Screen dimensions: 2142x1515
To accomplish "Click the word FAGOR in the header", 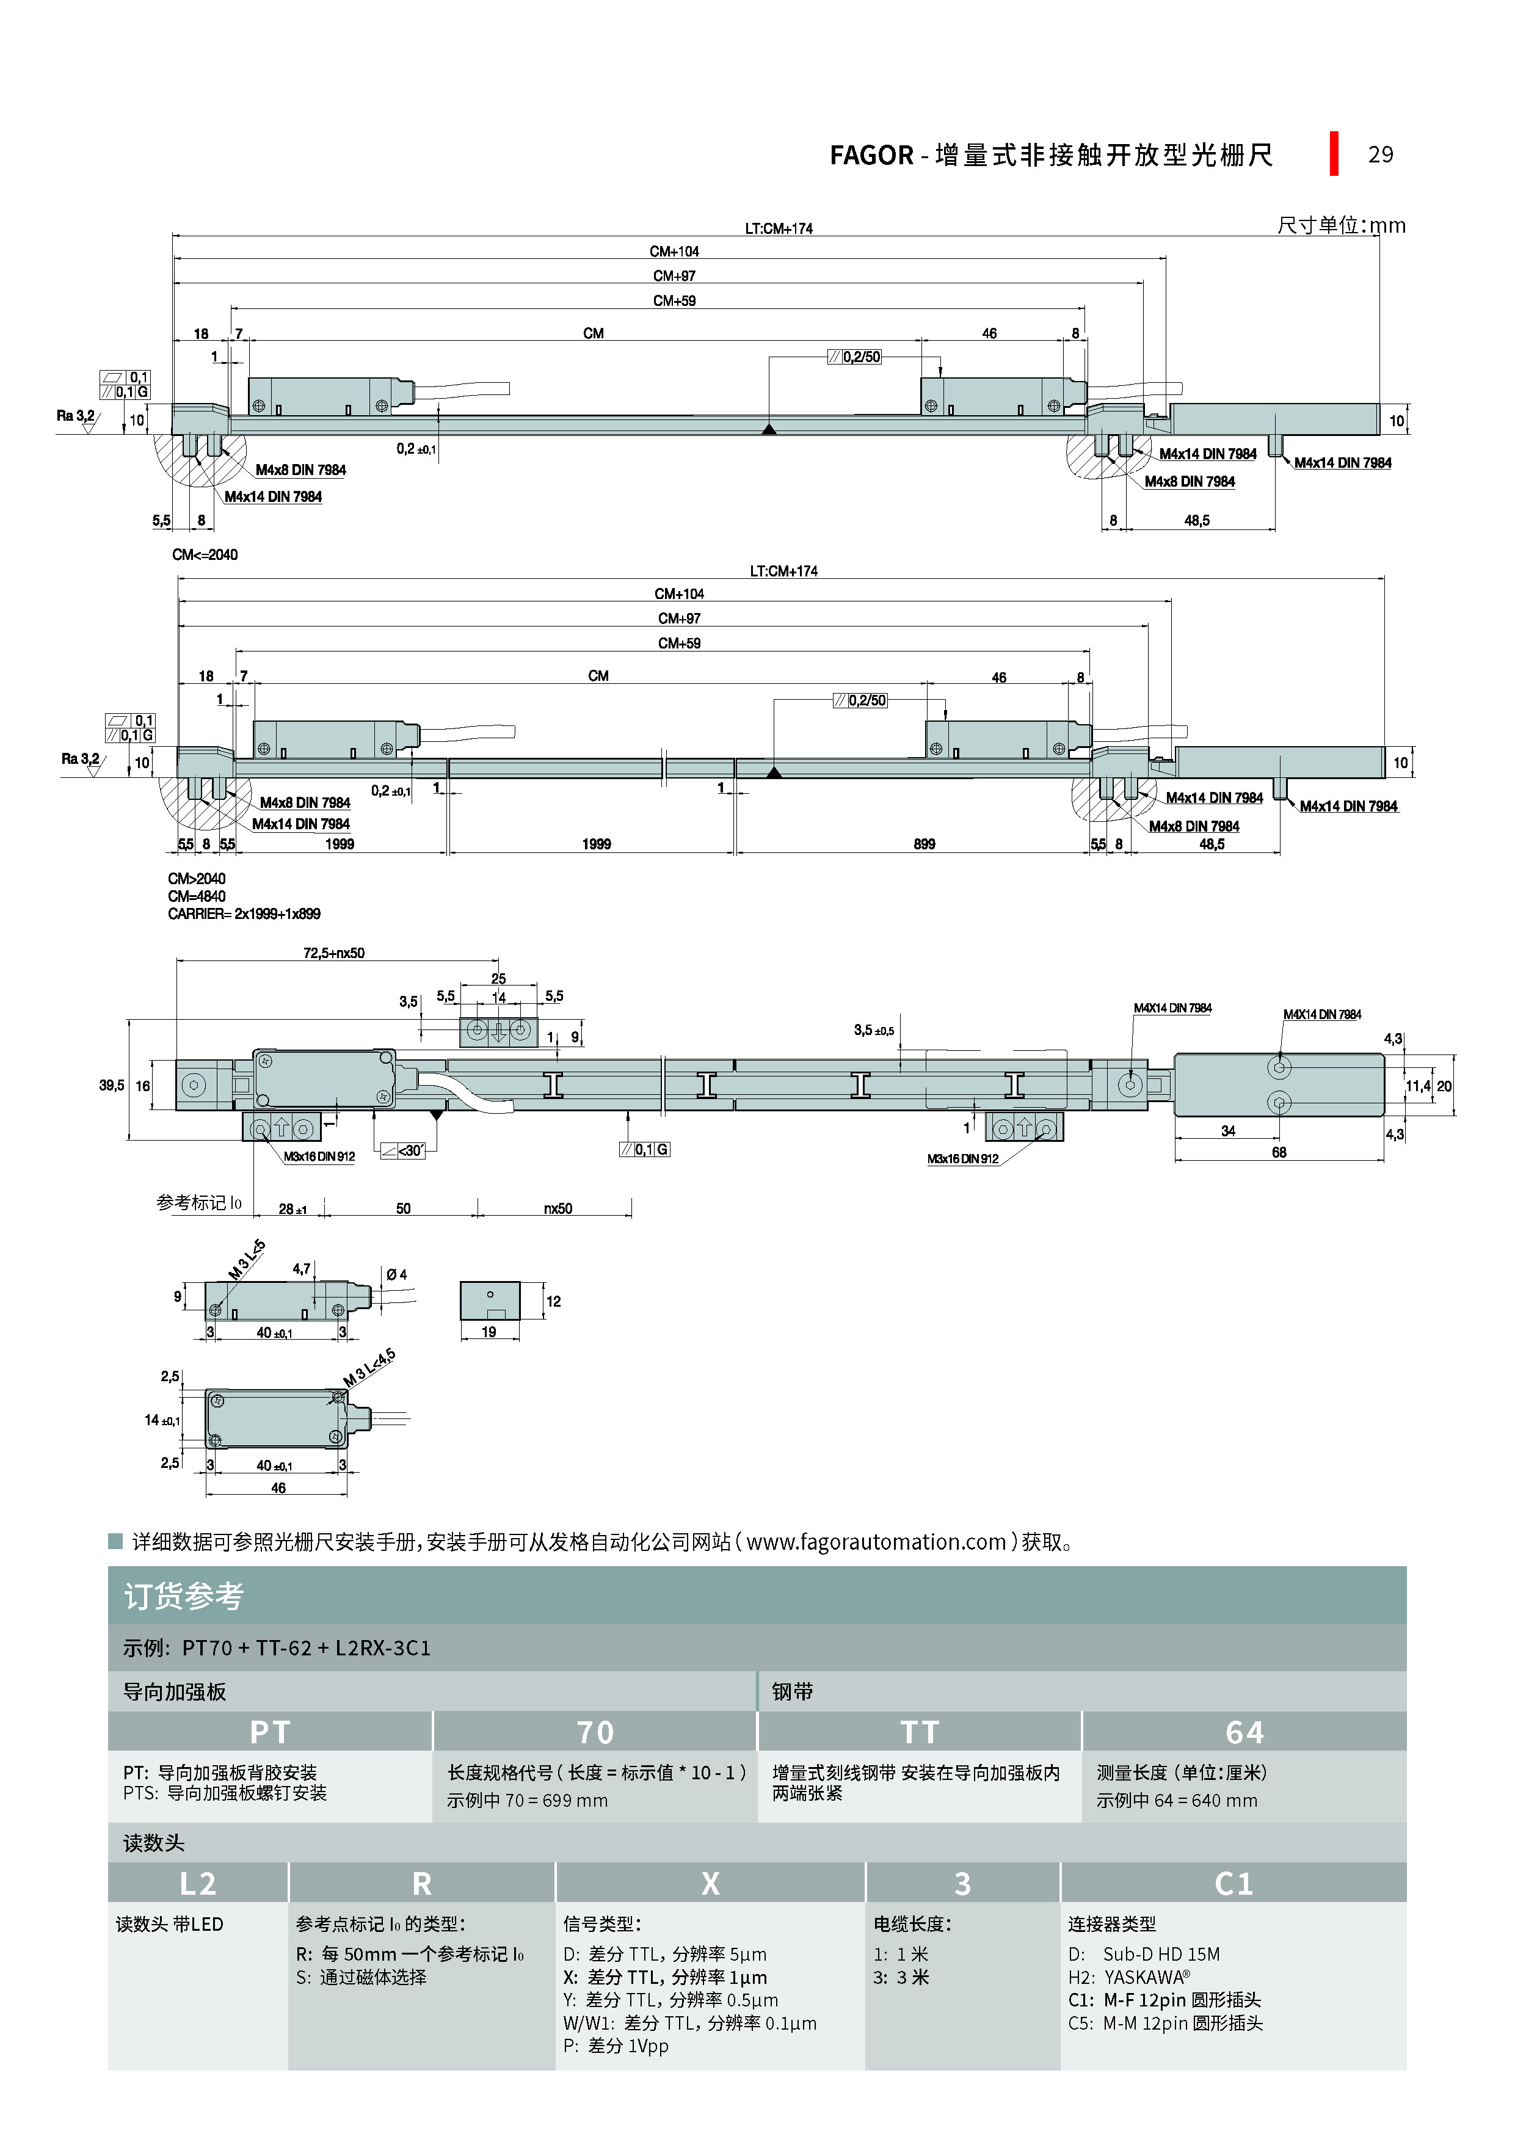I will [871, 155].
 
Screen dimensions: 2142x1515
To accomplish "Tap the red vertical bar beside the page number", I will [1334, 153].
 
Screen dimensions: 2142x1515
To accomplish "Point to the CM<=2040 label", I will [205, 555].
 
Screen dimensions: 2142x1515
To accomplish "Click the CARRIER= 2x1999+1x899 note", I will [244, 914].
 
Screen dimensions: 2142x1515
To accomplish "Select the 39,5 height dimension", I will [111, 1086].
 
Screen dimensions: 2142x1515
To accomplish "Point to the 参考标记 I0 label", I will [198, 1204].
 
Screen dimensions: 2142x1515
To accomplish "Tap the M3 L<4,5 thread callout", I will [369, 1368].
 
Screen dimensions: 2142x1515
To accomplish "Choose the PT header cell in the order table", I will [270, 1732].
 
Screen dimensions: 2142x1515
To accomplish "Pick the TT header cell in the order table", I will [919, 1732].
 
